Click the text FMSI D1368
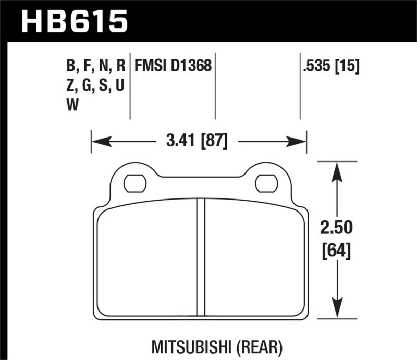(173, 66)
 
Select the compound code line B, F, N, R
(96, 66)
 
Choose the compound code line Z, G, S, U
(96, 85)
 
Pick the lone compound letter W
(73, 105)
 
